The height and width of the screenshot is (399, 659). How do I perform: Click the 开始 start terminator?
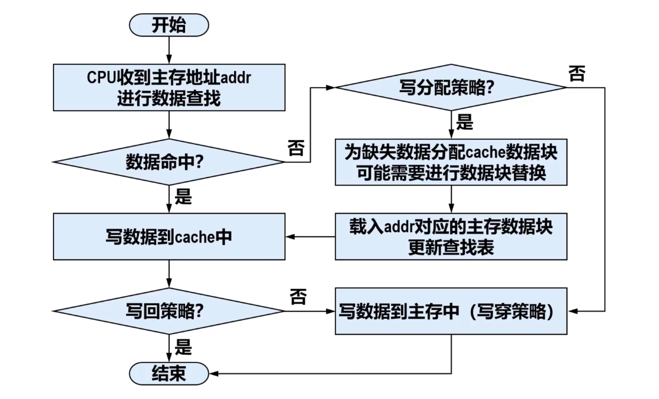pyautogui.click(x=169, y=25)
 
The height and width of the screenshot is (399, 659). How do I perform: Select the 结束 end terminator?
pyautogui.click(x=169, y=373)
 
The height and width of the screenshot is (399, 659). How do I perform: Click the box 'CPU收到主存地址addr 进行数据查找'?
pyautogui.click(x=169, y=88)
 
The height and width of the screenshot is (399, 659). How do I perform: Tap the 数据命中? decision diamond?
pyautogui.click(x=169, y=162)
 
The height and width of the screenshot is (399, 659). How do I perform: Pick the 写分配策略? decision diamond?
pyautogui.click(x=451, y=88)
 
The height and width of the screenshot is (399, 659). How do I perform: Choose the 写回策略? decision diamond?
pyautogui.click(x=169, y=311)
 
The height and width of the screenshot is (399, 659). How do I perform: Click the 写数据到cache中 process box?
pyautogui.click(x=169, y=237)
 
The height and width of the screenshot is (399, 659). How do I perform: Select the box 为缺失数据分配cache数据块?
pyautogui.click(x=451, y=162)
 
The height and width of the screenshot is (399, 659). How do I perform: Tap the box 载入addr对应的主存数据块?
pyautogui.click(x=451, y=237)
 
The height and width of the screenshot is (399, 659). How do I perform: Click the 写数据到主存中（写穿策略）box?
pyautogui.click(x=451, y=311)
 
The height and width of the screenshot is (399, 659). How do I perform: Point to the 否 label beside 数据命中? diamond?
pyautogui.click(x=296, y=148)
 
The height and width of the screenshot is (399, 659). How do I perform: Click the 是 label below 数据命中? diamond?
pyautogui.click(x=183, y=197)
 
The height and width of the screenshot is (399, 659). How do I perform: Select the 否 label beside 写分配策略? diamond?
pyautogui.click(x=577, y=74)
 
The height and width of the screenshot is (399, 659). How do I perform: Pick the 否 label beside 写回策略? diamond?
pyautogui.click(x=298, y=297)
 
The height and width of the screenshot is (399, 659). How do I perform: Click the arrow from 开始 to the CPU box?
pyautogui.click(x=169, y=50)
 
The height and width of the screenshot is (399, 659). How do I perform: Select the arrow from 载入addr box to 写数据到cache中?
pyautogui.click(x=310, y=237)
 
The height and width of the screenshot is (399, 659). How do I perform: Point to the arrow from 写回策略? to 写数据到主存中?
pyautogui.click(x=310, y=311)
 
